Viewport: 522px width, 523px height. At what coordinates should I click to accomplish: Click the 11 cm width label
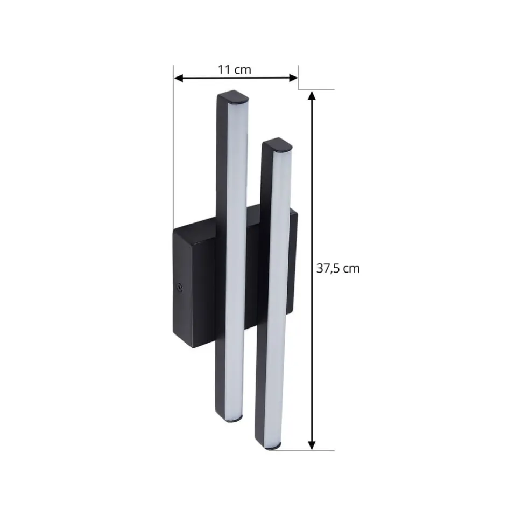tap(234, 69)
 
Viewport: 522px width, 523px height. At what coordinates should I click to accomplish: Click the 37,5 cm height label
tap(337, 268)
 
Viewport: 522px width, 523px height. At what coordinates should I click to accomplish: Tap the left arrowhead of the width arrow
tap(178, 78)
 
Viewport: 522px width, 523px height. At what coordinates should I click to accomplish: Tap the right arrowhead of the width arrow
tap(294, 78)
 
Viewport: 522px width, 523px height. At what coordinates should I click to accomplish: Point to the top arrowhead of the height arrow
tap(312, 95)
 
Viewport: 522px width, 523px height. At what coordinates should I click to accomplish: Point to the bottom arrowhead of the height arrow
tap(312, 445)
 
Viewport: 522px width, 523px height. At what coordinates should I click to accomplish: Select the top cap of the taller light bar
tap(234, 97)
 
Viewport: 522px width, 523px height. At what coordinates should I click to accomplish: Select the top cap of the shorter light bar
tap(277, 145)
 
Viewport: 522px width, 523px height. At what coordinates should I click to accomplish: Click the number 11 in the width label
tap(224, 69)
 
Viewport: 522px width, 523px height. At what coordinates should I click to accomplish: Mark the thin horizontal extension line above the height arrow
tap(318, 89)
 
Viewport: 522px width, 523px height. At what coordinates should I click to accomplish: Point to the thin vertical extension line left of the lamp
tap(173, 145)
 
